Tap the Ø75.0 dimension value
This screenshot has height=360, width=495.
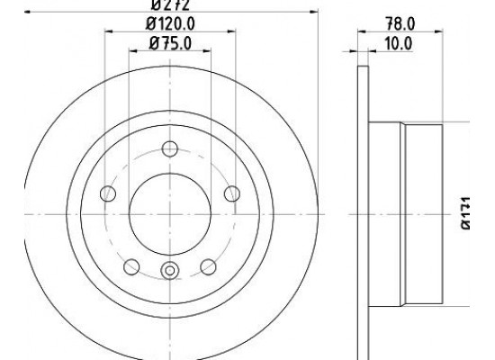click(x=169, y=42)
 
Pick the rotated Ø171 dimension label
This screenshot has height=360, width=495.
click(x=467, y=216)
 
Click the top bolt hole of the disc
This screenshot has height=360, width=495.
click(x=169, y=149)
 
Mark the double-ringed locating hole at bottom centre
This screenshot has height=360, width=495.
click(x=169, y=270)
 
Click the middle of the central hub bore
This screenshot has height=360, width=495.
click(x=169, y=213)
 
